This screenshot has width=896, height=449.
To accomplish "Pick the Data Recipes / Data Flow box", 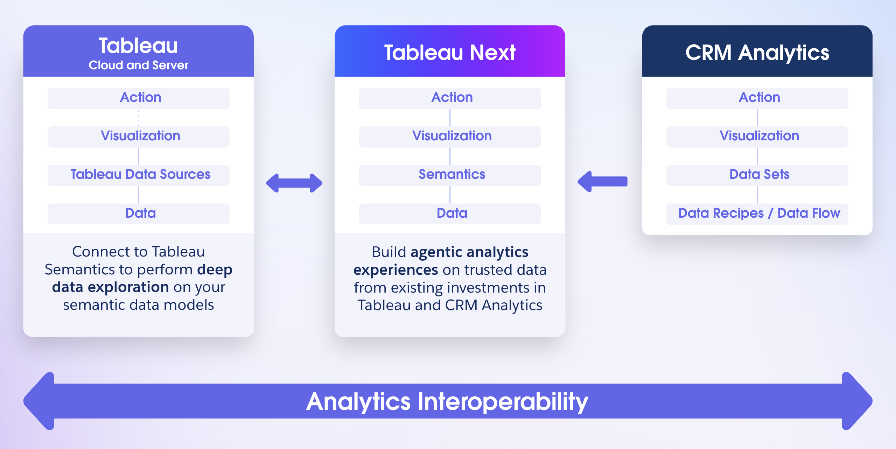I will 757,213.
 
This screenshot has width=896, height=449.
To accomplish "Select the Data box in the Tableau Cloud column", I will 139,213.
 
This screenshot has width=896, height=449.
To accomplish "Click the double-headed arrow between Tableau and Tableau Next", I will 294,183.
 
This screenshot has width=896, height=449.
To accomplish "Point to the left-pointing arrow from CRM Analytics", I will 602,182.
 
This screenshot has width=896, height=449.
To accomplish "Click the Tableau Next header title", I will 450,52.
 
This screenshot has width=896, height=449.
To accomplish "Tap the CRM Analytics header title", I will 757,52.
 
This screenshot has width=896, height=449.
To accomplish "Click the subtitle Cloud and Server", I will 139,65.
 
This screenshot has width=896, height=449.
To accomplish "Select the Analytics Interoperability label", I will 447,401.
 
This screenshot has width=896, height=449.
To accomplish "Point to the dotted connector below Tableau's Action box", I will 139,118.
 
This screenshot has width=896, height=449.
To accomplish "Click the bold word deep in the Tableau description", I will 215,269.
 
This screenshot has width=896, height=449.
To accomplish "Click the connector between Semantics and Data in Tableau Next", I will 450,195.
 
